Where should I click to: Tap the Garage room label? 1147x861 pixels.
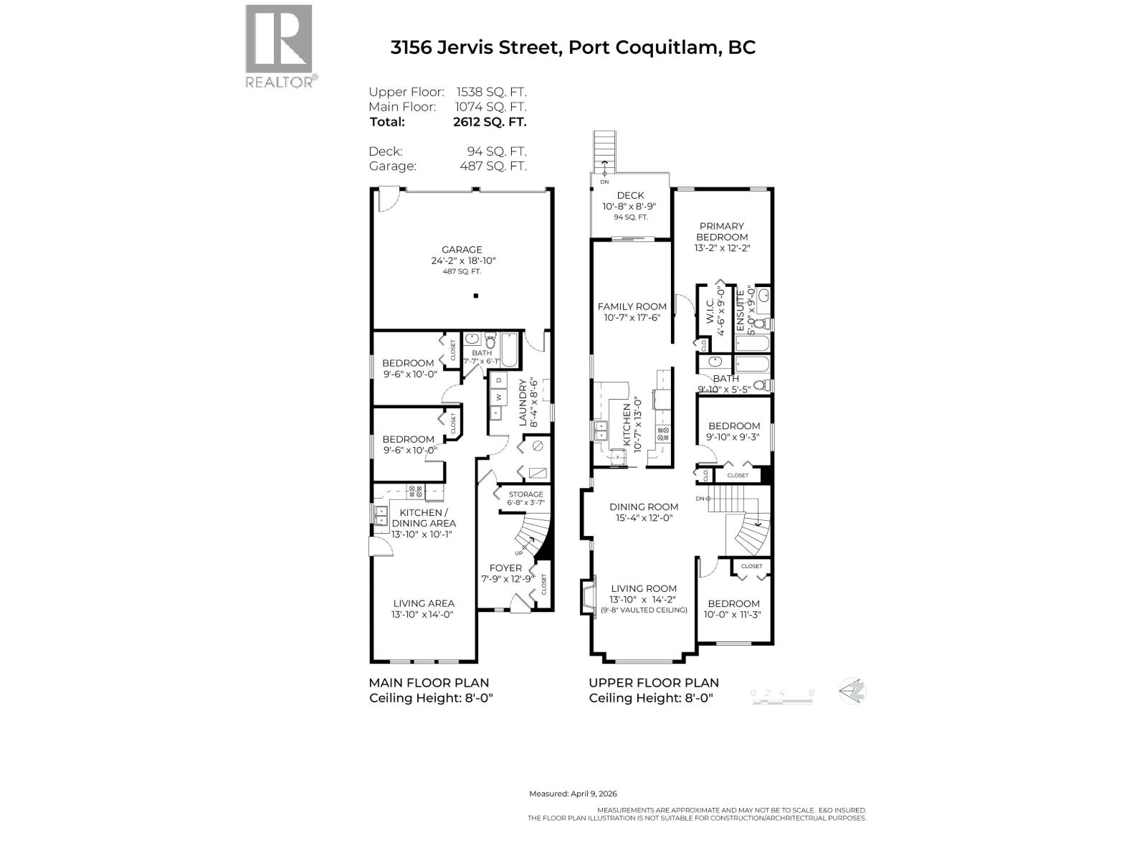click(462, 250)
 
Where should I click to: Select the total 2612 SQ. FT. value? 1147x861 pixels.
click(490, 122)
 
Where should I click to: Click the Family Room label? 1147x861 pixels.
click(632, 306)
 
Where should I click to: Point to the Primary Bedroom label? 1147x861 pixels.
click(723, 231)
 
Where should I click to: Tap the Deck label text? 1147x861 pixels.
click(630, 195)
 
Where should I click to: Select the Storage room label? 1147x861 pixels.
click(525, 494)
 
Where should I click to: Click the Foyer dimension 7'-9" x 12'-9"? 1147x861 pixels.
click(507, 579)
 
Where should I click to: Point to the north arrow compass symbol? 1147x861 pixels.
click(853, 692)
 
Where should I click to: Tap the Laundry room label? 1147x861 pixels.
click(523, 402)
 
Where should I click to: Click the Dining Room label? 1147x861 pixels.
click(644, 507)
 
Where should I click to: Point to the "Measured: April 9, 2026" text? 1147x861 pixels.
click(573, 794)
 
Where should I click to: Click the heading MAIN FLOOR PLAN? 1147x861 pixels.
click(429, 682)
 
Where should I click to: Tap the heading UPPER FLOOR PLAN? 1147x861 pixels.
click(653, 682)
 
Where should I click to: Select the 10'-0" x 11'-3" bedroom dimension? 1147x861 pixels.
click(732, 614)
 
